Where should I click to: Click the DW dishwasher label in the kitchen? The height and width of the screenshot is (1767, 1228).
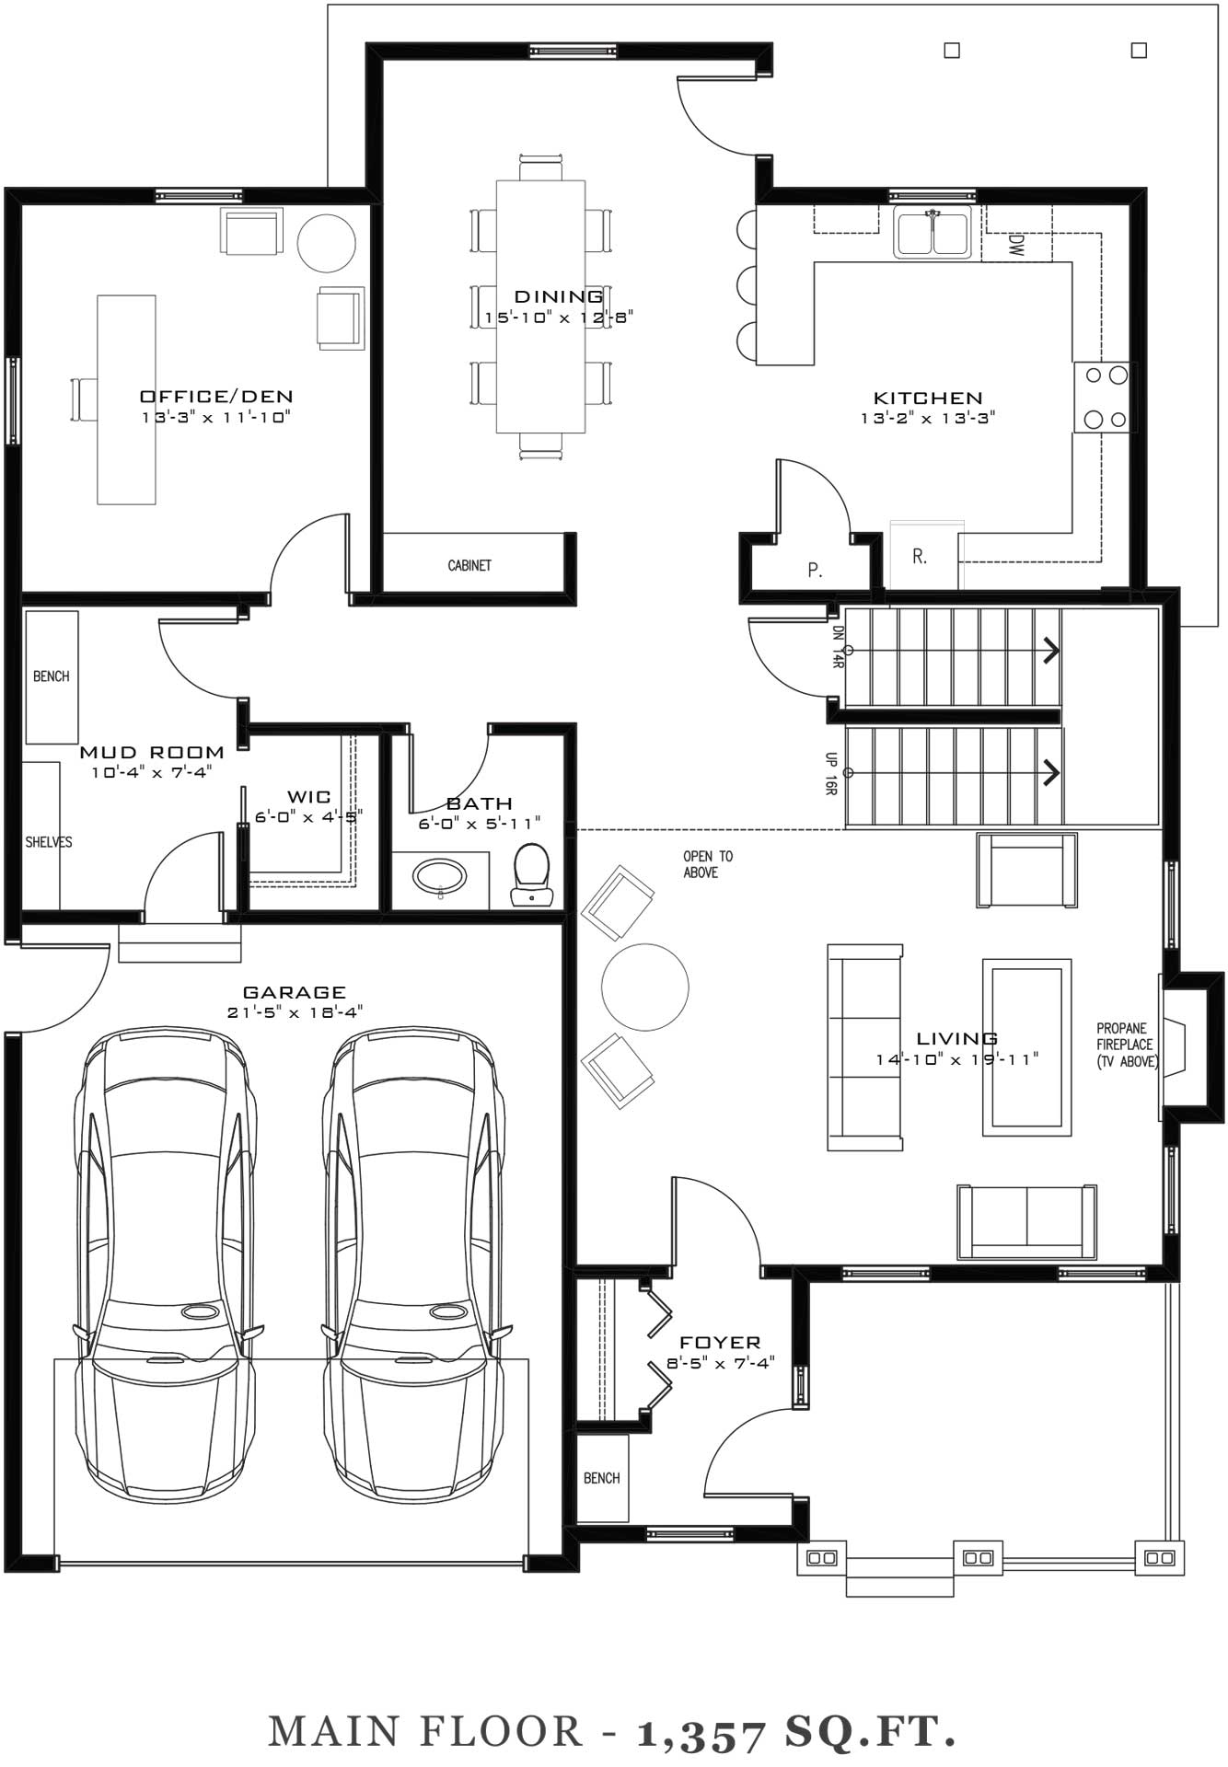coord(1016,245)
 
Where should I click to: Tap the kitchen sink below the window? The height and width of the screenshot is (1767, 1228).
coord(933,232)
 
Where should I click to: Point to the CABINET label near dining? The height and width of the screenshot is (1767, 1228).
coord(469,565)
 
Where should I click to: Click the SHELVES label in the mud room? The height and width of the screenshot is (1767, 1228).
coord(49,842)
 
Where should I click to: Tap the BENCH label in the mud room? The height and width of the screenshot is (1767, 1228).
coord(52,676)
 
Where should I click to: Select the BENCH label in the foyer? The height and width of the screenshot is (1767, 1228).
coord(602,1478)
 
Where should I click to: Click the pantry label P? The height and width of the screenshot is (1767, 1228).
coord(815,571)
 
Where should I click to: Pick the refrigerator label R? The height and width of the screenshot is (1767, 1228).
coord(920,557)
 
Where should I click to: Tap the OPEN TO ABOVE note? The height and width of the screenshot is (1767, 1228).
coord(708,864)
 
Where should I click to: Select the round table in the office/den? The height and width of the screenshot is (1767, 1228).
coord(326,243)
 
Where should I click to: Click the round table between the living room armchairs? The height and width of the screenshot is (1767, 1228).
coord(645,987)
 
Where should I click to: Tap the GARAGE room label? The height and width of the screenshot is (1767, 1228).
coord(295,992)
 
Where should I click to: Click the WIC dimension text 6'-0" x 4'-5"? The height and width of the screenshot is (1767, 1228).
coord(309,816)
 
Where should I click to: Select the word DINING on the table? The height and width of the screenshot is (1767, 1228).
coord(559,296)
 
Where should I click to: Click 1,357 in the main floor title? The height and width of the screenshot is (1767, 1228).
coord(701,1734)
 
